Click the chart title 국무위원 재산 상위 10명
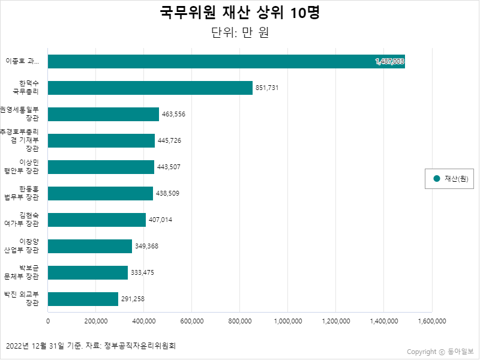tap(239, 13)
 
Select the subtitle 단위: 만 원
tap(239, 32)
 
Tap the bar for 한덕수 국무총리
tap(150, 88)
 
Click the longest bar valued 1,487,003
tap(226, 61)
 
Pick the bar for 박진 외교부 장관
tap(83, 299)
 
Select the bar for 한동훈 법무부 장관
tap(100, 193)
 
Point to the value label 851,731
tap(267, 88)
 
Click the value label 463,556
tap(173, 114)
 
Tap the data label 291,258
tap(133, 299)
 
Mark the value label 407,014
tap(160, 220)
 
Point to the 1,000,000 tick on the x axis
tap(288, 321)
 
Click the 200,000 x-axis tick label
tap(96, 321)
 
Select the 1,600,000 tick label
tap(431, 321)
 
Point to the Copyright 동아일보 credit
tap(440, 352)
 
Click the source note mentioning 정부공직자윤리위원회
tap(91, 346)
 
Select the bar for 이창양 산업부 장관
tap(90, 246)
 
